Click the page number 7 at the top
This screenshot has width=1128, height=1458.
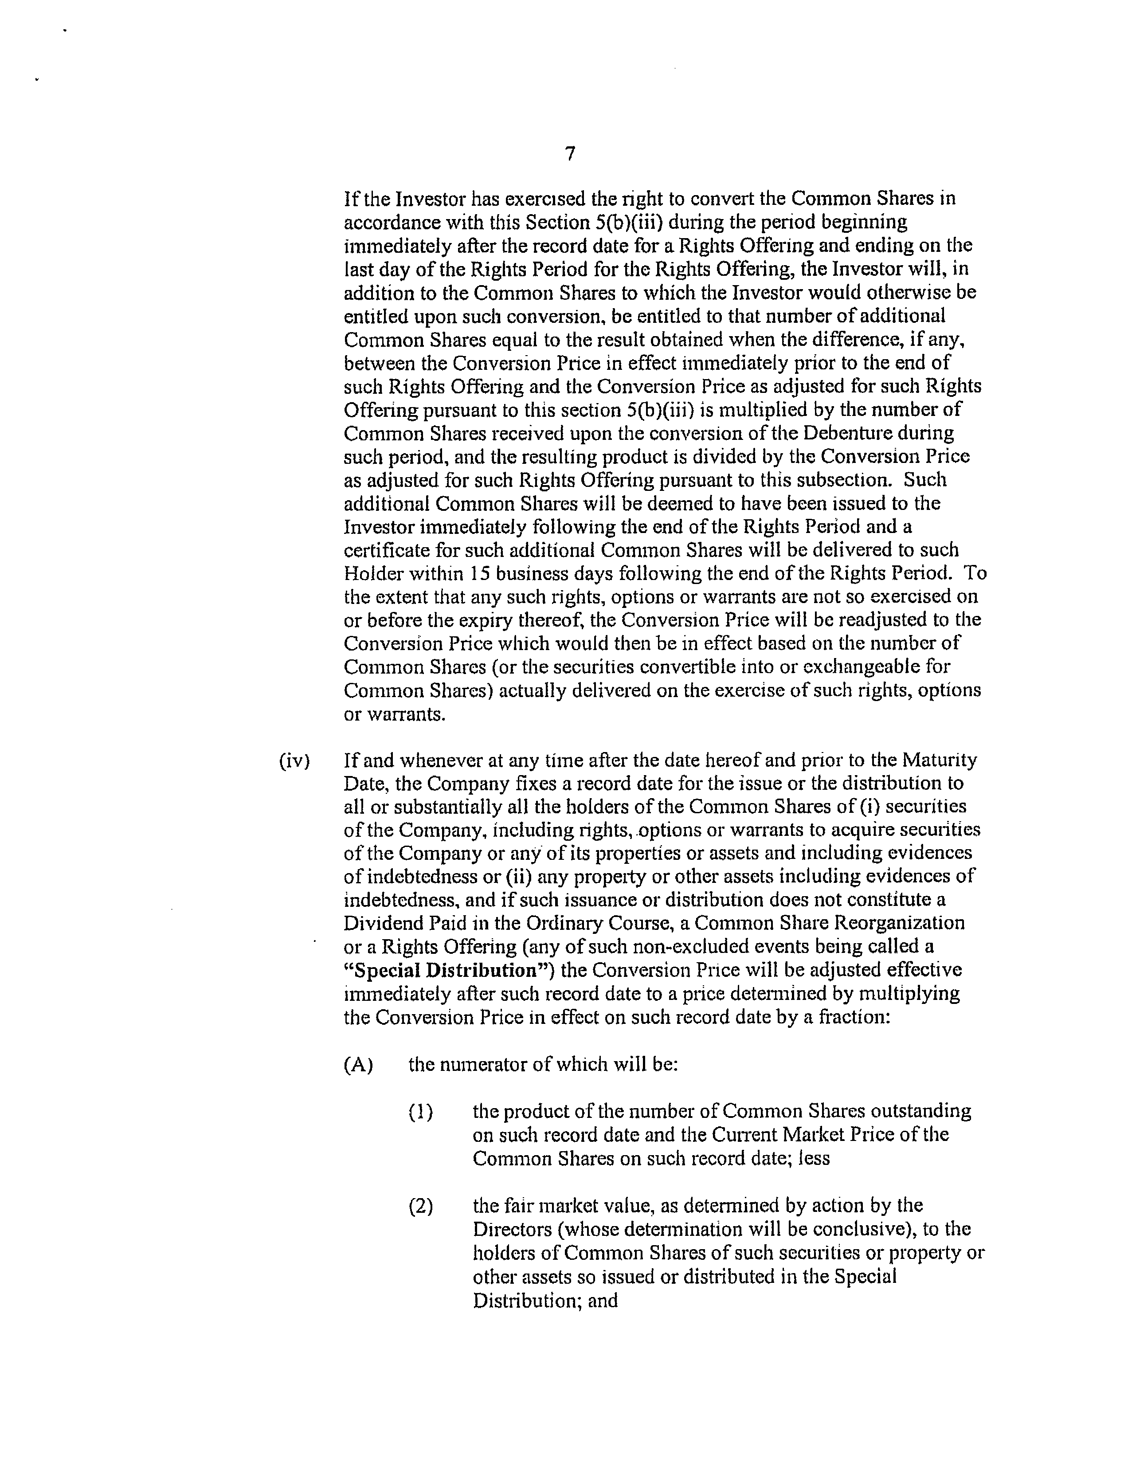pyautogui.click(x=569, y=154)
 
